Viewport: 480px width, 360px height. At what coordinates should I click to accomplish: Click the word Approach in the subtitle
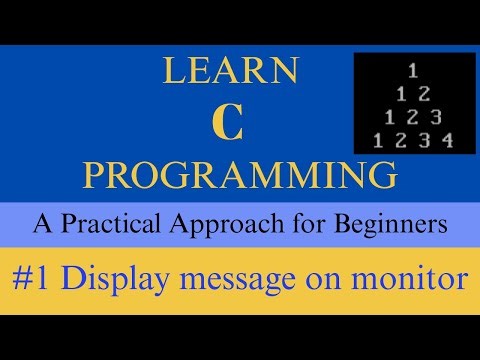251,226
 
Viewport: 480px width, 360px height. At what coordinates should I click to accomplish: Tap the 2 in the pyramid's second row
425,95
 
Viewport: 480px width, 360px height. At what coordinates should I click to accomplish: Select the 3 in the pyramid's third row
436,117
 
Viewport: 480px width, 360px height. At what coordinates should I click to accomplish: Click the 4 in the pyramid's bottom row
447,140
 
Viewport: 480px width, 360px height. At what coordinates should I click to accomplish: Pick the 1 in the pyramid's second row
401,95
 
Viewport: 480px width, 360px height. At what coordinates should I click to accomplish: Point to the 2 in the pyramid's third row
412,117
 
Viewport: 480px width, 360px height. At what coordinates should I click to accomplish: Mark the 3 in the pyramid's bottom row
423,140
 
